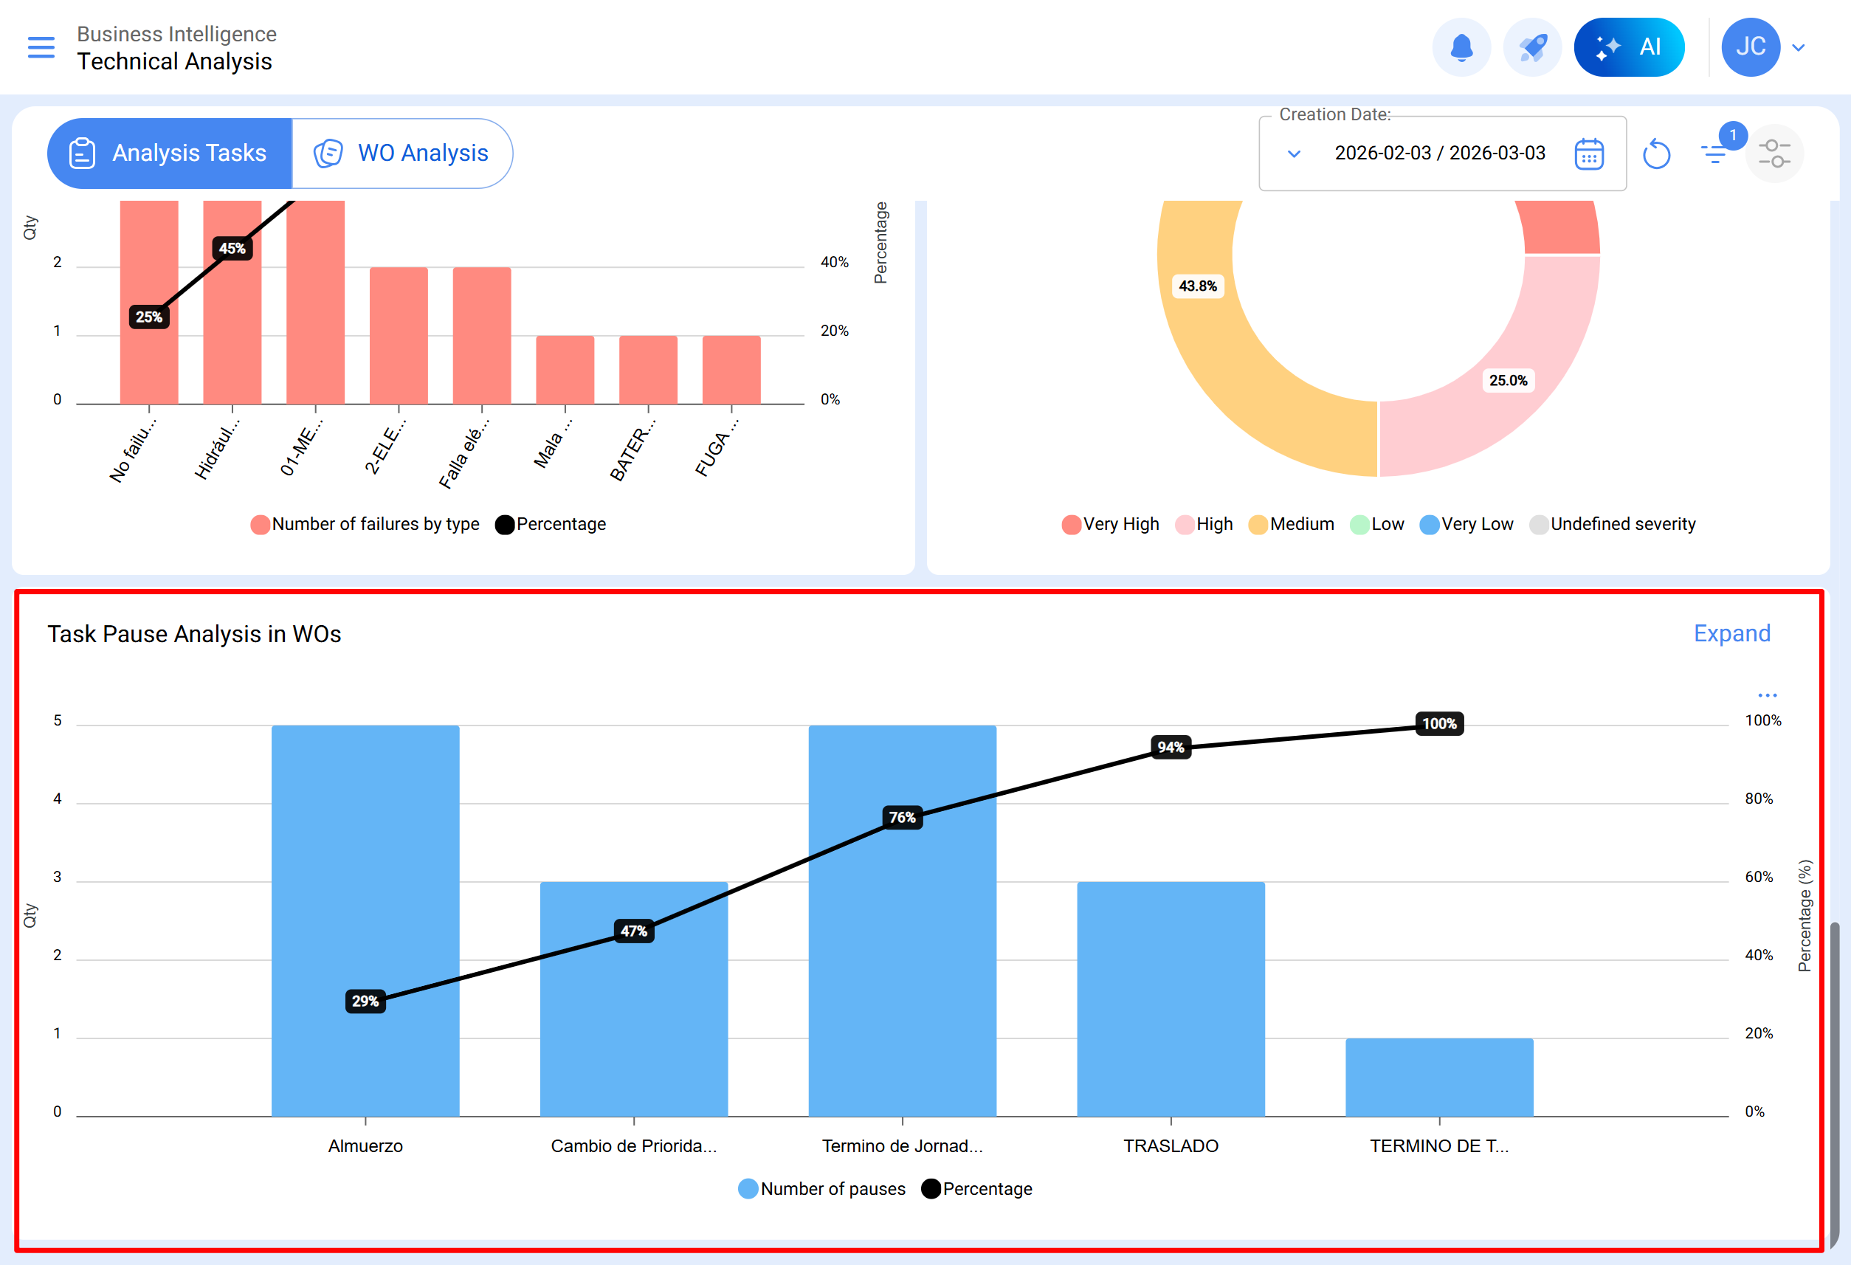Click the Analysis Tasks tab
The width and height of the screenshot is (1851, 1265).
(x=170, y=153)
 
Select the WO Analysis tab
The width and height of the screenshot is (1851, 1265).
(x=402, y=153)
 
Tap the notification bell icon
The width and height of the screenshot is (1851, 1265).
(x=1461, y=48)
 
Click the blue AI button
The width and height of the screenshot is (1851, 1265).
(x=1628, y=48)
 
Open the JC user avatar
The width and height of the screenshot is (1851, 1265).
(x=1750, y=48)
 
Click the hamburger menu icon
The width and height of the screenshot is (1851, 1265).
(x=41, y=48)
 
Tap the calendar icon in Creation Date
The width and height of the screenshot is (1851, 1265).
(x=1588, y=154)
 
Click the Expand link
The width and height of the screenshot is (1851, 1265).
(x=1731, y=633)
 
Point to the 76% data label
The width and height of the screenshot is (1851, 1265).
(x=903, y=817)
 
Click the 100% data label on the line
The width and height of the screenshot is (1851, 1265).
(x=1439, y=723)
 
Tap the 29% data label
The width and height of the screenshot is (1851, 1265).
(x=365, y=1001)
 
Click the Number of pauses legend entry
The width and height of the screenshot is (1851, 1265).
(x=823, y=1188)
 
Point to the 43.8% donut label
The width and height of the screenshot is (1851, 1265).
(x=1197, y=286)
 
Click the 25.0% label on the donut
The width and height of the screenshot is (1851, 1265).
(x=1508, y=381)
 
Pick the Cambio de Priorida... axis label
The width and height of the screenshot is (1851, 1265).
(x=633, y=1145)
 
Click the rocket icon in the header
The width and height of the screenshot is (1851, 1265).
(x=1532, y=48)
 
